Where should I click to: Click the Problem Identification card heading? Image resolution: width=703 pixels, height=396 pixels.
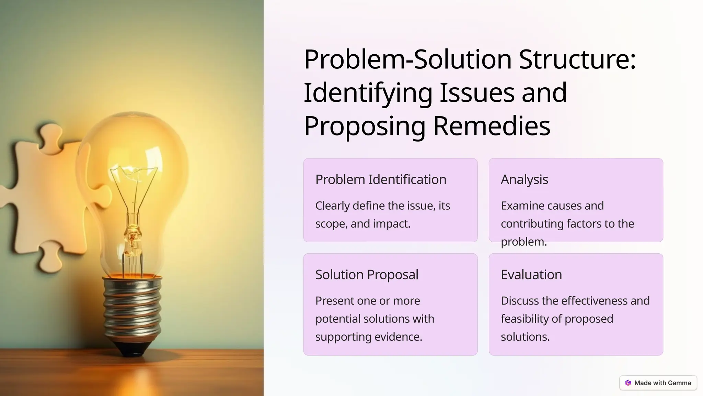point(381,179)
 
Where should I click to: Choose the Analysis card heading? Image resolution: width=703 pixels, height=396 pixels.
point(524,179)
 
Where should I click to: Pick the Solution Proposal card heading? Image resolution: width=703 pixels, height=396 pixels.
point(367,275)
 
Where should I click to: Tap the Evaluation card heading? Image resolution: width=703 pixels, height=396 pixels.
point(531,275)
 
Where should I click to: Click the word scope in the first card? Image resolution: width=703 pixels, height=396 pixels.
point(330,224)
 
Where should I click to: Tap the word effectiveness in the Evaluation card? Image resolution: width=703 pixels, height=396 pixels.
point(595,301)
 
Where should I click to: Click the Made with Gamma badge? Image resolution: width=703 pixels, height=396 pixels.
point(658,383)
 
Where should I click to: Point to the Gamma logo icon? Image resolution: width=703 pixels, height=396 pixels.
point(628,383)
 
